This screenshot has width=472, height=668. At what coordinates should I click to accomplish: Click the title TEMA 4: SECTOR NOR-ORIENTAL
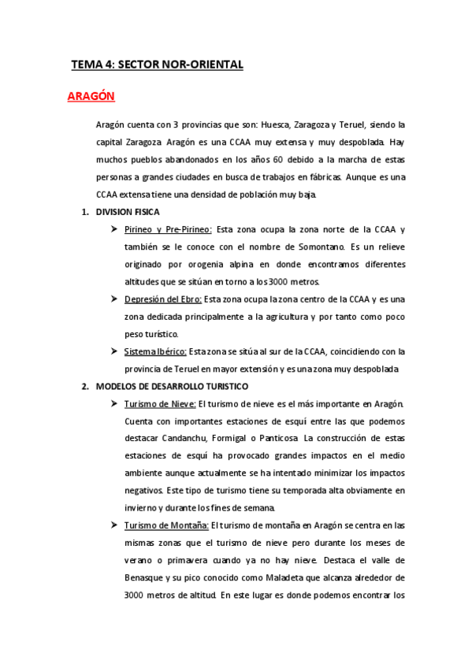157,65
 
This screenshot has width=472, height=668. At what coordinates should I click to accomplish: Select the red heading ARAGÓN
91,96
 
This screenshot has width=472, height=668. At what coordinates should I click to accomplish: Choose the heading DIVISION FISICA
127,212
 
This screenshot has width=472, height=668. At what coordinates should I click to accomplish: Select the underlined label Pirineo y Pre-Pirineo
168,229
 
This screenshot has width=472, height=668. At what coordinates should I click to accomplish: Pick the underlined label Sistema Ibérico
155,351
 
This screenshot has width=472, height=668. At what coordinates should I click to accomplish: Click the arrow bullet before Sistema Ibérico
115,351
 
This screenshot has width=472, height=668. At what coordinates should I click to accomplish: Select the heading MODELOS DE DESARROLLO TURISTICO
172,386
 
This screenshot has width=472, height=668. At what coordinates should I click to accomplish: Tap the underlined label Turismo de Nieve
160,404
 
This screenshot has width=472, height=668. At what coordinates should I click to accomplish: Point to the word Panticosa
275,439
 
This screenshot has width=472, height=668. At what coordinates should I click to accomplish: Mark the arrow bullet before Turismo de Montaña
115,525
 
